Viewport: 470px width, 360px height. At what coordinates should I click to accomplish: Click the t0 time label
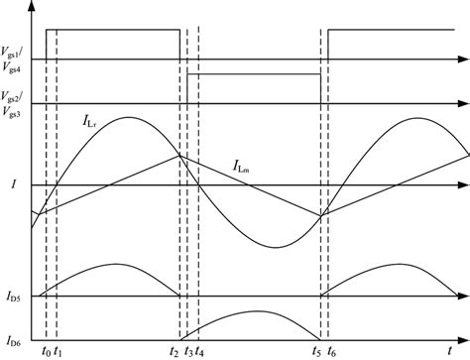(43, 351)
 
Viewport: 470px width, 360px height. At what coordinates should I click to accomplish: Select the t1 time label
(58, 351)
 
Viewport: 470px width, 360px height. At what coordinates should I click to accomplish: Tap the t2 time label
(174, 351)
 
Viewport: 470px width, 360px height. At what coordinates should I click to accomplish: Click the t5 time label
(316, 351)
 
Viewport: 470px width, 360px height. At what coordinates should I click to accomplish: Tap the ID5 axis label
(14, 297)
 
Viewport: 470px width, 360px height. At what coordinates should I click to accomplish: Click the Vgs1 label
(13, 47)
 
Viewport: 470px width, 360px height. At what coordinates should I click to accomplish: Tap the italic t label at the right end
(462, 175)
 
